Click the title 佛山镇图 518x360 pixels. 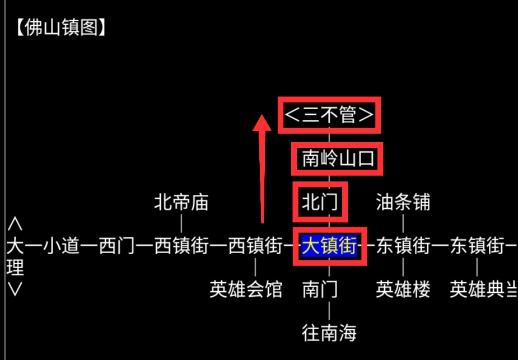coord(61,27)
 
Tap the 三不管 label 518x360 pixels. coord(329,115)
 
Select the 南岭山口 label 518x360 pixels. coord(338,158)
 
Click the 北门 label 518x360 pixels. coord(320,202)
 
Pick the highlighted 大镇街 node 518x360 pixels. coord(329,246)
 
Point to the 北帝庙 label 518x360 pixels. coord(181,202)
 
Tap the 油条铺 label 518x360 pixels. coord(403,202)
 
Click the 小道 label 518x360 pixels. coord(62,246)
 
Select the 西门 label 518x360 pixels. coord(117,246)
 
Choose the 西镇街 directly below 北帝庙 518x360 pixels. coord(181,246)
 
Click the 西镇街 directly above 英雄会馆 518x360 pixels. coord(255,246)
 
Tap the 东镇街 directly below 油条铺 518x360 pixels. coord(403,246)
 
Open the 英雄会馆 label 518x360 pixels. coord(246,289)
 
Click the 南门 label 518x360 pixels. coord(320,289)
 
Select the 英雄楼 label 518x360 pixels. coord(403,289)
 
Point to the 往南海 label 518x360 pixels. coord(329,333)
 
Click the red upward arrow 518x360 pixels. coord(262,169)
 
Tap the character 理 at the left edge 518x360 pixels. coord(15,268)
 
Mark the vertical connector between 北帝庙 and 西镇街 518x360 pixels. coord(181,223)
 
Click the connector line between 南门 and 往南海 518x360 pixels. coord(329,311)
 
